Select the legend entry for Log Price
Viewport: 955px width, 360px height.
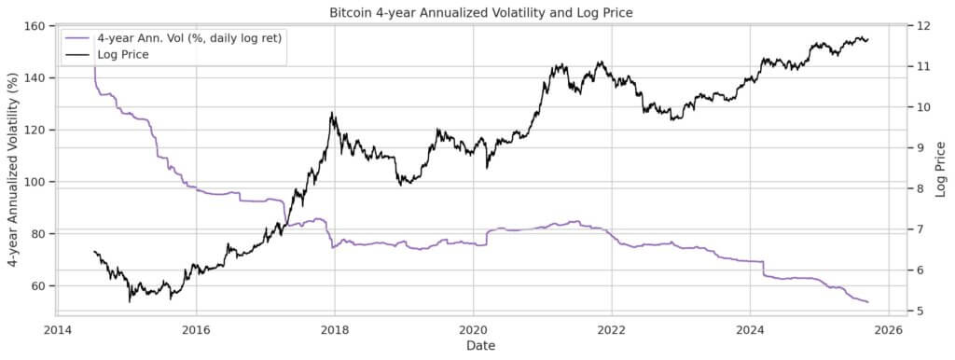pyautogui.click(x=123, y=55)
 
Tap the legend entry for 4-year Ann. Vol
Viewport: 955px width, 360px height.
pyautogui.click(x=189, y=38)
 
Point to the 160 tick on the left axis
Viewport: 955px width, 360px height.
pyautogui.click(x=39, y=26)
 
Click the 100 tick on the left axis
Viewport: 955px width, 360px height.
pyautogui.click(x=39, y=182)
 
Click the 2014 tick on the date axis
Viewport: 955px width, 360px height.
pyautogui.click(x=58, y=329)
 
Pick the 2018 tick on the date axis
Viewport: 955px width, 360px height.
pyautogui.click(x=335, y=329)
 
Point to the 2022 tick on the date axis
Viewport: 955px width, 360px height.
pyautogui.click(x=612, y=329)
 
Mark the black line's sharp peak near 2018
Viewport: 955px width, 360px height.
pyautogui.click(x=331, y=114)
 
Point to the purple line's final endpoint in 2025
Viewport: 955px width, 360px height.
pyautogui.click(x=868, y=302)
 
